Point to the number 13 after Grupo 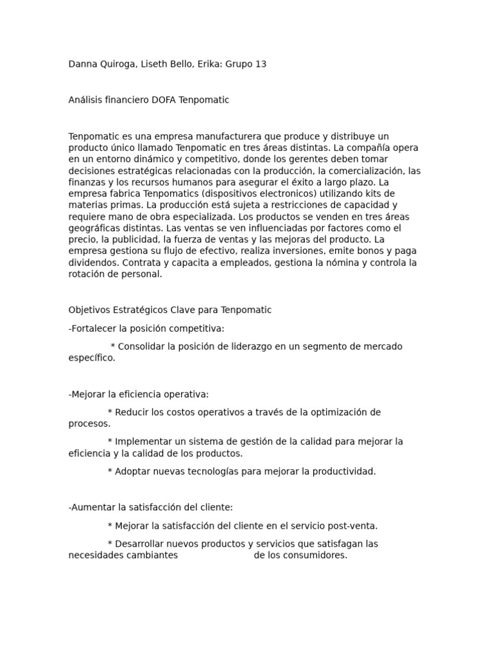261,64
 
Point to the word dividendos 93,263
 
